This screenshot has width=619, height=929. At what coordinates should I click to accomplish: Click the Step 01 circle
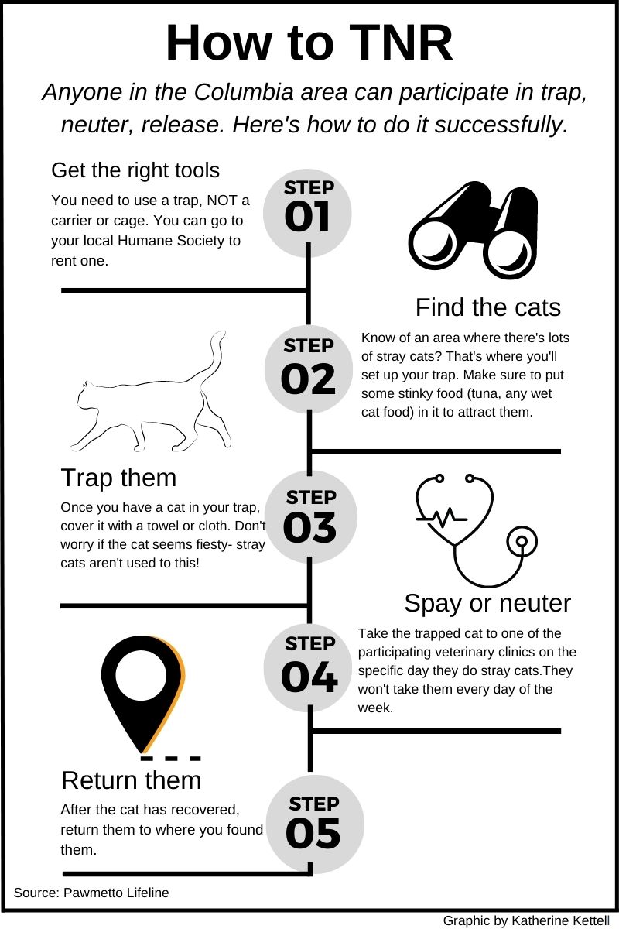pos(308,213)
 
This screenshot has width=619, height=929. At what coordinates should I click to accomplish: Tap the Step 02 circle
pos(309,369)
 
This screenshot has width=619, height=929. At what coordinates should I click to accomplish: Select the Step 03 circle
pos(311,517)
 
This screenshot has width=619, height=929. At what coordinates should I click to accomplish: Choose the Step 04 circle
pos(308,667)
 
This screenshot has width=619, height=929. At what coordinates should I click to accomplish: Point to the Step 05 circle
pos(315,824)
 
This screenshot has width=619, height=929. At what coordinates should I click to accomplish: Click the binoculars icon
pos(473,230)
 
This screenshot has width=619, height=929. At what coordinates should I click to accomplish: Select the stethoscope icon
pos(477,530)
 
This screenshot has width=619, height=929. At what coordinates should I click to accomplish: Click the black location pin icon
pos(142,694)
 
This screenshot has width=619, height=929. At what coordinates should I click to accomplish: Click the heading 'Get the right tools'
pos(135,170)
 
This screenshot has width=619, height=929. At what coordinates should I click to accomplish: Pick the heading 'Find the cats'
pos(488,307)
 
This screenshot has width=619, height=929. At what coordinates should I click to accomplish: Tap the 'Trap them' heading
pos(118,478)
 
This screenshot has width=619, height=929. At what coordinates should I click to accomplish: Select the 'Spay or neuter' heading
pos(487,603)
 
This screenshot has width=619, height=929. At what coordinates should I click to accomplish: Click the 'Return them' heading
pos(132,780)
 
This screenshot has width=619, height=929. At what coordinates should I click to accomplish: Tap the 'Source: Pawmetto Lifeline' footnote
pos(91,893)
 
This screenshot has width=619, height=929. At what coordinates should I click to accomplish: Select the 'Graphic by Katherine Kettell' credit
pos(527,920)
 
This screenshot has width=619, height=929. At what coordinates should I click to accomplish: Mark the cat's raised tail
pos(212,358)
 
